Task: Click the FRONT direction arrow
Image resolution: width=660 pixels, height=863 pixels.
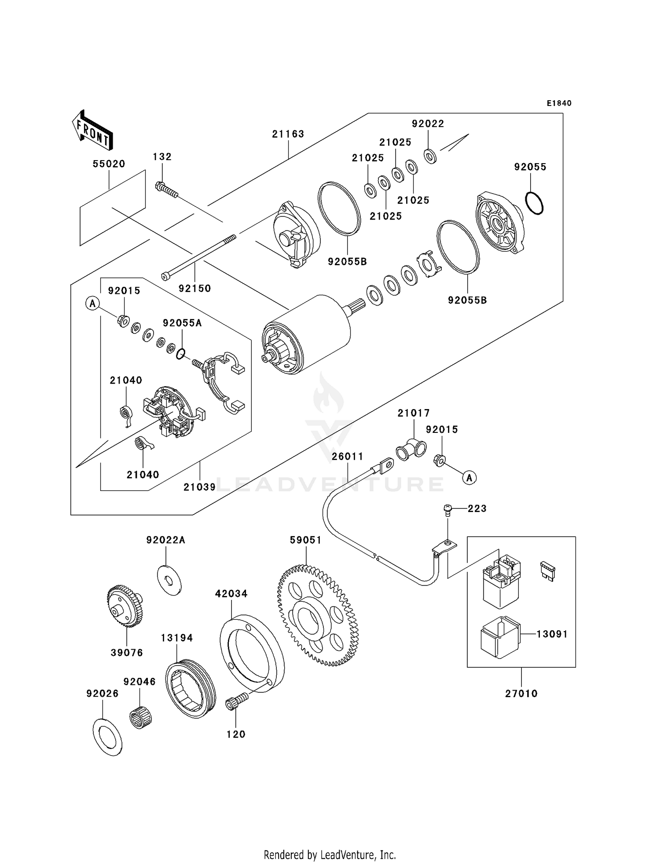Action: click(92, 130)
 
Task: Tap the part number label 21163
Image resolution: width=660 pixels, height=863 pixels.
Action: click(288, 134)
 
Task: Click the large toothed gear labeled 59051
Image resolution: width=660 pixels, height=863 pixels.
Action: click(318, 616)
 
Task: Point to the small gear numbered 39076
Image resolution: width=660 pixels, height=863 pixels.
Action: click(125, 606)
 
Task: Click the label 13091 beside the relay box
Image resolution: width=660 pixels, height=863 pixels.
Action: click(552, 634)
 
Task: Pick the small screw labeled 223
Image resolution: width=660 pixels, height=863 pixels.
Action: click(447, 510)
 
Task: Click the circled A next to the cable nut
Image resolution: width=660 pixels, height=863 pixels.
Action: click(469, 477)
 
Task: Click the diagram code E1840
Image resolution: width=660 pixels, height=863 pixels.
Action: click(559, 103)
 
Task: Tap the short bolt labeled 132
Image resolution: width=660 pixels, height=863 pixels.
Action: click(166, 190)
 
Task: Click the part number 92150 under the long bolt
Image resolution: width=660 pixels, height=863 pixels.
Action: click(194, 289)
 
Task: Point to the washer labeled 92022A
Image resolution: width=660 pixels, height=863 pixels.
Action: click(169, 581)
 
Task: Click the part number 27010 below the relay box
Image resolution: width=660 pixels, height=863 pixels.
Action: click(521, 694)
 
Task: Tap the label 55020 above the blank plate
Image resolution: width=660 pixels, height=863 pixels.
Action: click(109, 164)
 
